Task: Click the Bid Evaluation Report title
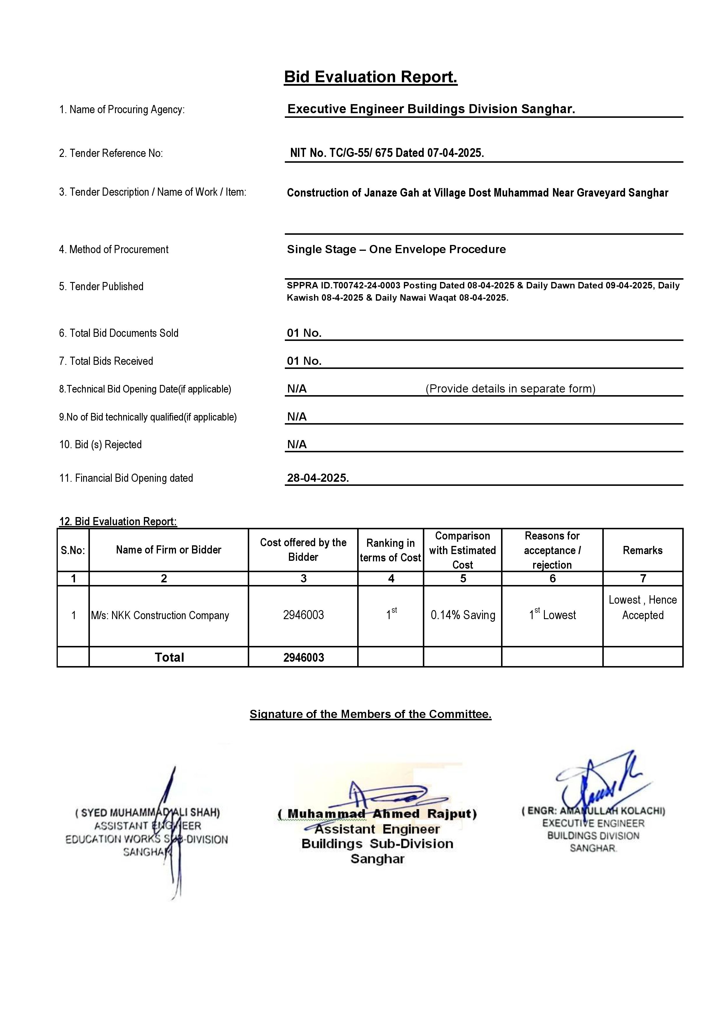(371, 77)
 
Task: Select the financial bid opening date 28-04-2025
(317, 478)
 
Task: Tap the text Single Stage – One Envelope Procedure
(396, 250)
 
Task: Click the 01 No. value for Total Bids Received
(304, 361)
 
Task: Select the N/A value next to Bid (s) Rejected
(297, 444)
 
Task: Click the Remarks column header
(642, 550)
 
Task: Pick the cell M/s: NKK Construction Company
(160, 615)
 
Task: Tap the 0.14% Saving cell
(463, 615)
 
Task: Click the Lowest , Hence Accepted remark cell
(642, 608)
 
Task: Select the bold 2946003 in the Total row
(303, 658)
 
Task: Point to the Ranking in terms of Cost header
(390, 550)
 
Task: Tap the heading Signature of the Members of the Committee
(371, 714)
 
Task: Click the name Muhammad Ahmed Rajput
(377, 814)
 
